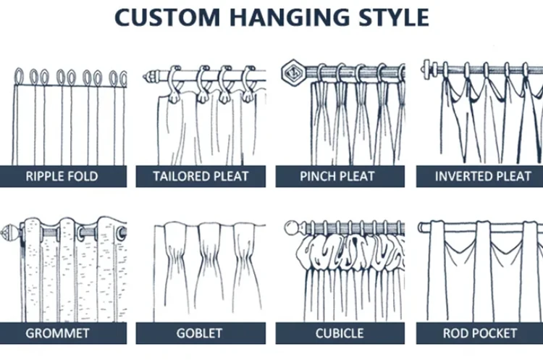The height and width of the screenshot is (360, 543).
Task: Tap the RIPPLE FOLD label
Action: pyautogui.click(x=62, y=176)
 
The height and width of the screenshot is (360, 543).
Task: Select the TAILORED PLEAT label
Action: pyautogui.click(x=201, y=176)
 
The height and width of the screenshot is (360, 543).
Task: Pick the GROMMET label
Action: pyautogui.click(x=58, y=334)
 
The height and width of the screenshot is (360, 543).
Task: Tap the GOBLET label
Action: pyautogui.click(x=200, y=334)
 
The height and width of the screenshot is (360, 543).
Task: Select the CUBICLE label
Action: pyautogui.click(x=339, y=334)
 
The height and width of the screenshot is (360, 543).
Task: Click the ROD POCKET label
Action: pyautogui.click(x=480, y=334)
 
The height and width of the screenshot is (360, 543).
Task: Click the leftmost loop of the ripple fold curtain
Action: pyautogui.click(x=19, y=76)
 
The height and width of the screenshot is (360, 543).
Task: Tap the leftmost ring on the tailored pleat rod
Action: pyautogui.click(x=174, y=75)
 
